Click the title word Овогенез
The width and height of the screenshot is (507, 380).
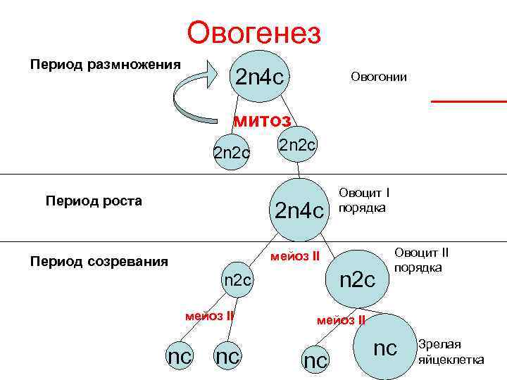pos(254,32)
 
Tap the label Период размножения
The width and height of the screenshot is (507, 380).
pos(105,64)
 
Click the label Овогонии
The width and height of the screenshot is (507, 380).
pos(378,77)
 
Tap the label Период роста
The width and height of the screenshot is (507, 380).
pos(94,201)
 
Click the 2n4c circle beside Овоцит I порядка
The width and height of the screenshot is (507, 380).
pos(299,209)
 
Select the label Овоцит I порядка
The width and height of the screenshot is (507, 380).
pos(365,200)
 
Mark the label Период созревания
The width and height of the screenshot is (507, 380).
pos(99,262)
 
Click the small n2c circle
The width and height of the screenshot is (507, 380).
pos(237,279)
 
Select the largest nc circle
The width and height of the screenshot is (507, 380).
pos(384,346)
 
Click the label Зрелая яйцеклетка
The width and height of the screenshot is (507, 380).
pos(451,352)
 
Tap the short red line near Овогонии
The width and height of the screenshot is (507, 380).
pos(468,102)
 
